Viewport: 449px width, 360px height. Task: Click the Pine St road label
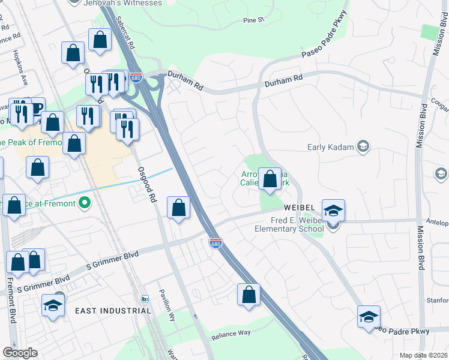pyautogui.click(x=253, y=20)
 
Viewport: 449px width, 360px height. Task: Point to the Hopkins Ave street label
pyautogui.click(x=20, y=66)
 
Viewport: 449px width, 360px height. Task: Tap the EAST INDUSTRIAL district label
pyautogui.click(x=113, y=311)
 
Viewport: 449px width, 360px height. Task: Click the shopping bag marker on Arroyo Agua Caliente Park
pyautogui.click(x=270, y=178)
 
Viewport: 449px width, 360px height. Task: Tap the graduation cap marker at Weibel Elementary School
pyautogui.click(x=333, y=211)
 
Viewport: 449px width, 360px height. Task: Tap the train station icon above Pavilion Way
pyautogui.click(x=145, y=298)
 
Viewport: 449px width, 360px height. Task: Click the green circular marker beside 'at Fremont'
pyautogui.click(x=85, y=203)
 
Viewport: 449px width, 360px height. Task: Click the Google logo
pyautogui.click(x=20, y=353)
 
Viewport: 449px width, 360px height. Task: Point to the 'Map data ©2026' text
pyautogui.click(x=424, y=355)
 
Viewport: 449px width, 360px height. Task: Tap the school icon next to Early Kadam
pyautogui.click(x=362, y=146)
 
